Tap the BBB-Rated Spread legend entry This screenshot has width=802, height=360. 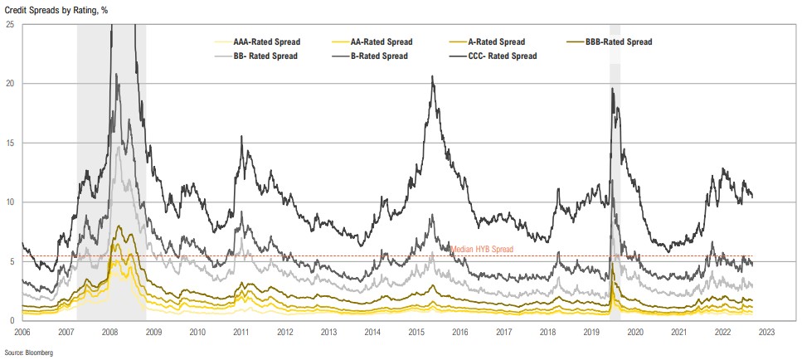coord(613,41)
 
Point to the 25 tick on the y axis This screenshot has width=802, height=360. coord(9,25)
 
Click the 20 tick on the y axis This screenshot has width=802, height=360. coord(9,84)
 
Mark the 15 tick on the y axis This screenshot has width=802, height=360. coord(9,143)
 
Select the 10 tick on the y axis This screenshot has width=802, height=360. coord(9,202)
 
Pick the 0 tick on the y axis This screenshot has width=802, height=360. coord(12,320)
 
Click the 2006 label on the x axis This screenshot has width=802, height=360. coord(22,331)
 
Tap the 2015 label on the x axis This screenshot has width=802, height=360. coord(416,331)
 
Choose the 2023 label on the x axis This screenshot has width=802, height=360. coord(766,331)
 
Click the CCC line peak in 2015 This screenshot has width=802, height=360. coord(432,76)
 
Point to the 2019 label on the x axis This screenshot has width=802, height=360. coord(591,331)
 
